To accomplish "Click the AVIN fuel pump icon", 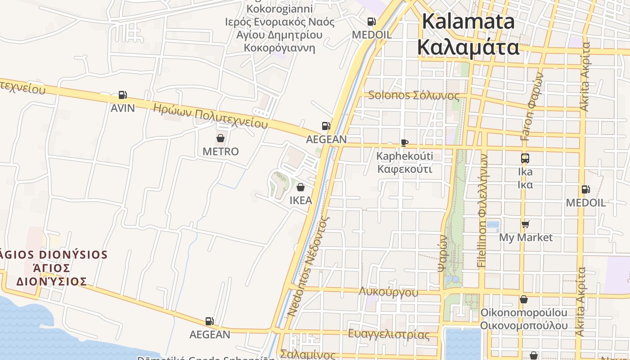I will (122, 95).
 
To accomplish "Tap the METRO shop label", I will (220, 152).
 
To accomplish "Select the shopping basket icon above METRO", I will (220, 138).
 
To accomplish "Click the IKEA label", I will (301, 200).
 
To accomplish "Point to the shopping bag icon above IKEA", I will (301, 187).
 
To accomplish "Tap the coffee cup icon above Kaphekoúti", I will (405, 143).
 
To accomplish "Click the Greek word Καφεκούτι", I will (405, 169).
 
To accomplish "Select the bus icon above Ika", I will (525, 158).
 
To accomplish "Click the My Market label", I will (526, 237).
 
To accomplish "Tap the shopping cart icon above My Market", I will (525, 224).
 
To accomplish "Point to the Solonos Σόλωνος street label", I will (414, 95).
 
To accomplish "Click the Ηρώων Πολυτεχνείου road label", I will (210, 116).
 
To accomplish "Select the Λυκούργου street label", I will (388, 292).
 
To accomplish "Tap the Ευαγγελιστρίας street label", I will (388, 334).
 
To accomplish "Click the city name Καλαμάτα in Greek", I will (468, 47).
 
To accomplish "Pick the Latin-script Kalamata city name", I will (468, 21).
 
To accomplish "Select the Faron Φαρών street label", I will (532, 106).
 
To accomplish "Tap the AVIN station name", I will (122, 108).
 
